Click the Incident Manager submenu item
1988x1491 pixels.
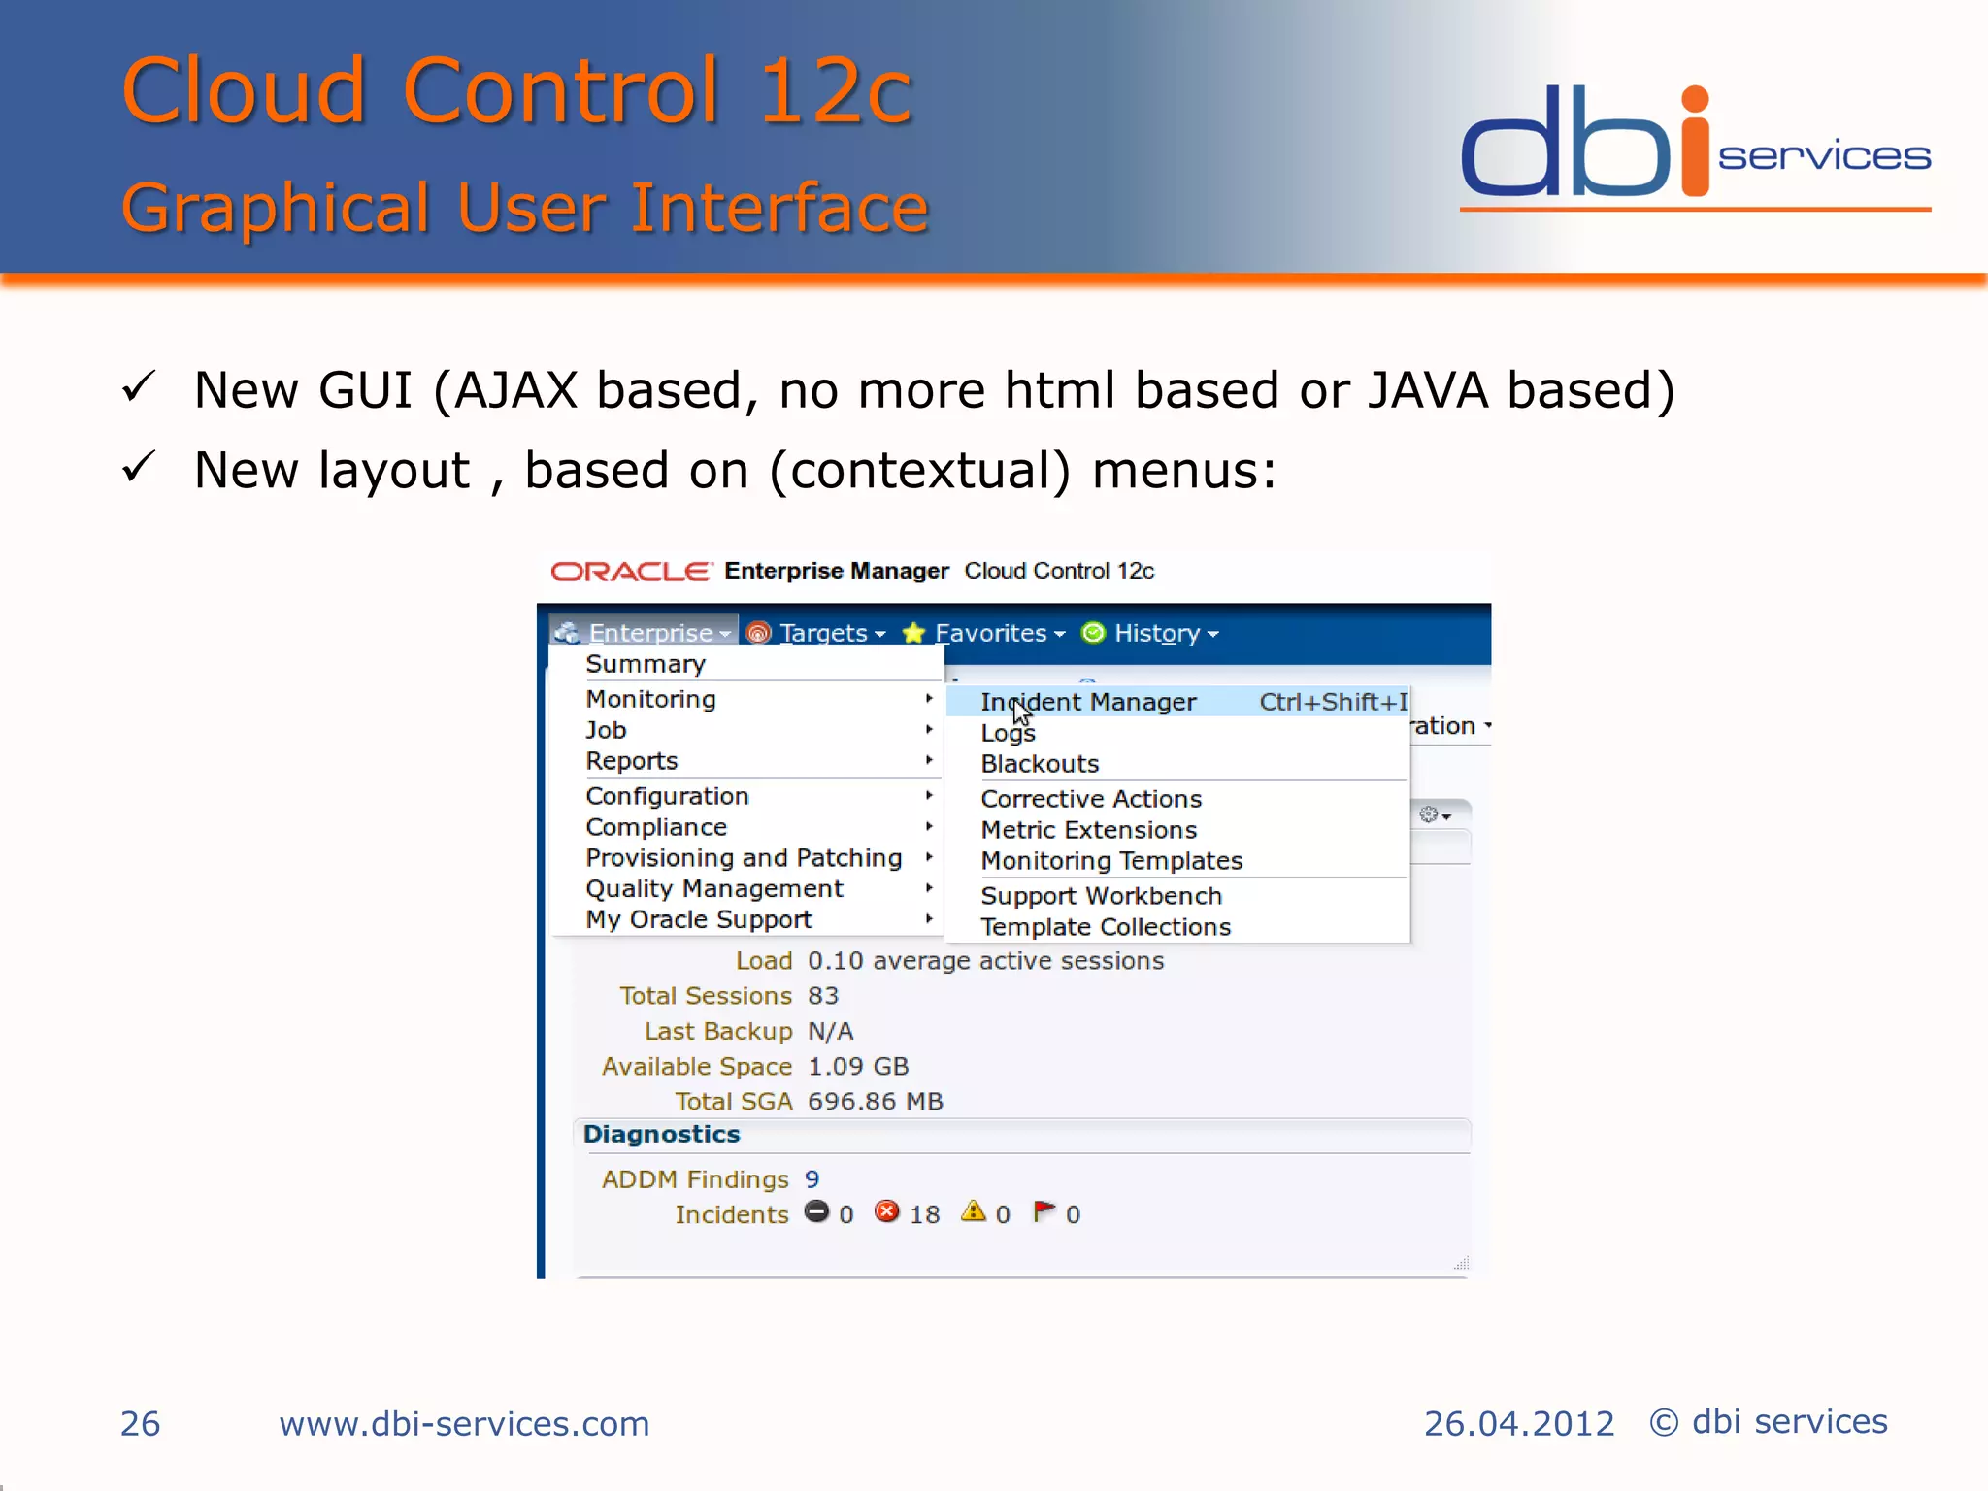[1087, 702]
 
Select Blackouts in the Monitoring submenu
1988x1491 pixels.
[1040, 764]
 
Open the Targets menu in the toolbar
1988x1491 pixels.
[823, 633]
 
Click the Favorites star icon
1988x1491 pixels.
[913, 633]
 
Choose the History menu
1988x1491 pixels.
[1157, 633]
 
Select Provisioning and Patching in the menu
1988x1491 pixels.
[744, 858]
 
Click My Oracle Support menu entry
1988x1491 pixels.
[699, 919]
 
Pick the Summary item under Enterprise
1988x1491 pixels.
[646, 664]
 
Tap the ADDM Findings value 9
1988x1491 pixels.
[812, 1179]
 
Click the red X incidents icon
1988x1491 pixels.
[886, 1211]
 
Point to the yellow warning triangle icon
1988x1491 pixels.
[973, 1211]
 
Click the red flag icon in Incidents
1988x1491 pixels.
[1044, 1211]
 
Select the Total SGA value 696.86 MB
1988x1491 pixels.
[875, 1102]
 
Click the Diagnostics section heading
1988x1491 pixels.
[661, 1134]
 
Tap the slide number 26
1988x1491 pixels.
[140, 1424]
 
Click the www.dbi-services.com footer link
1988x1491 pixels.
[464, 1424]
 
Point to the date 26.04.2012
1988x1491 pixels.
[1518, 1424]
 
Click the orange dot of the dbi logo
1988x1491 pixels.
[1695, 99]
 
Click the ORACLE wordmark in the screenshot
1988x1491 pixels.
[631, 572]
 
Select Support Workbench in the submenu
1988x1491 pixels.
[1101, 896]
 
